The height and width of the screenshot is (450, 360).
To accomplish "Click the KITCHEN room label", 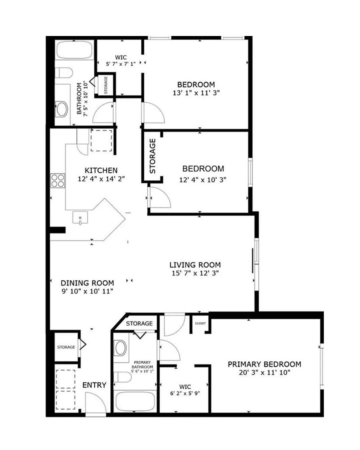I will coord(101,170).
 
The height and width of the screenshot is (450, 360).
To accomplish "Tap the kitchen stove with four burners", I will coord(57,180).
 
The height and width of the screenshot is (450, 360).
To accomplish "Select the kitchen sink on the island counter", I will coord(80,218).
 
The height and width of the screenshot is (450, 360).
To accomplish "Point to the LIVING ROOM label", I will coord(195,265).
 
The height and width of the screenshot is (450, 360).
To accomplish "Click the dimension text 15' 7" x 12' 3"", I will coord(195,273).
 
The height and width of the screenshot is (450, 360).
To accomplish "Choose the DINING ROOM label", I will coord(87,283).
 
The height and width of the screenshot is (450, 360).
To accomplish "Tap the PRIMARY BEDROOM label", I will coord(264,364).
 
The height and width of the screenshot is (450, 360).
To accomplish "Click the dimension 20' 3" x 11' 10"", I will coord(264,373).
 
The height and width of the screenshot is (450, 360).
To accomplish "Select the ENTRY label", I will coord(94,385).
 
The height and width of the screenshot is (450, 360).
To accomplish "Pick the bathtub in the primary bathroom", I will coord(135,402).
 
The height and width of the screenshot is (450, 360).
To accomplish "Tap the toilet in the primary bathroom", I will coord(122,377).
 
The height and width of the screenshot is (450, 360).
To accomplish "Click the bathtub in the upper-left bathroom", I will coord(74,50).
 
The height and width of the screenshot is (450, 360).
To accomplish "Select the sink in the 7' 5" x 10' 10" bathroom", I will coord(61,109).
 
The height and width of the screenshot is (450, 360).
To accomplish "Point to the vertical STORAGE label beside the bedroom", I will coord(153,156).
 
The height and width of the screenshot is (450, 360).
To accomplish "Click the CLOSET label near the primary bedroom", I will coord(200,323).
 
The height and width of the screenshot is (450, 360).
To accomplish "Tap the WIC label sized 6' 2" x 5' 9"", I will coord(185,387).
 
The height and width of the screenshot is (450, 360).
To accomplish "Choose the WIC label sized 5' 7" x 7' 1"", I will coord(121,57).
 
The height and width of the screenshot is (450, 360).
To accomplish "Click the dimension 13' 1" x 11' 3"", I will coord(196,93).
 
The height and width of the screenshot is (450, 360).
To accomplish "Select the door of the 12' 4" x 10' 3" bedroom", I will coord(159,197).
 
